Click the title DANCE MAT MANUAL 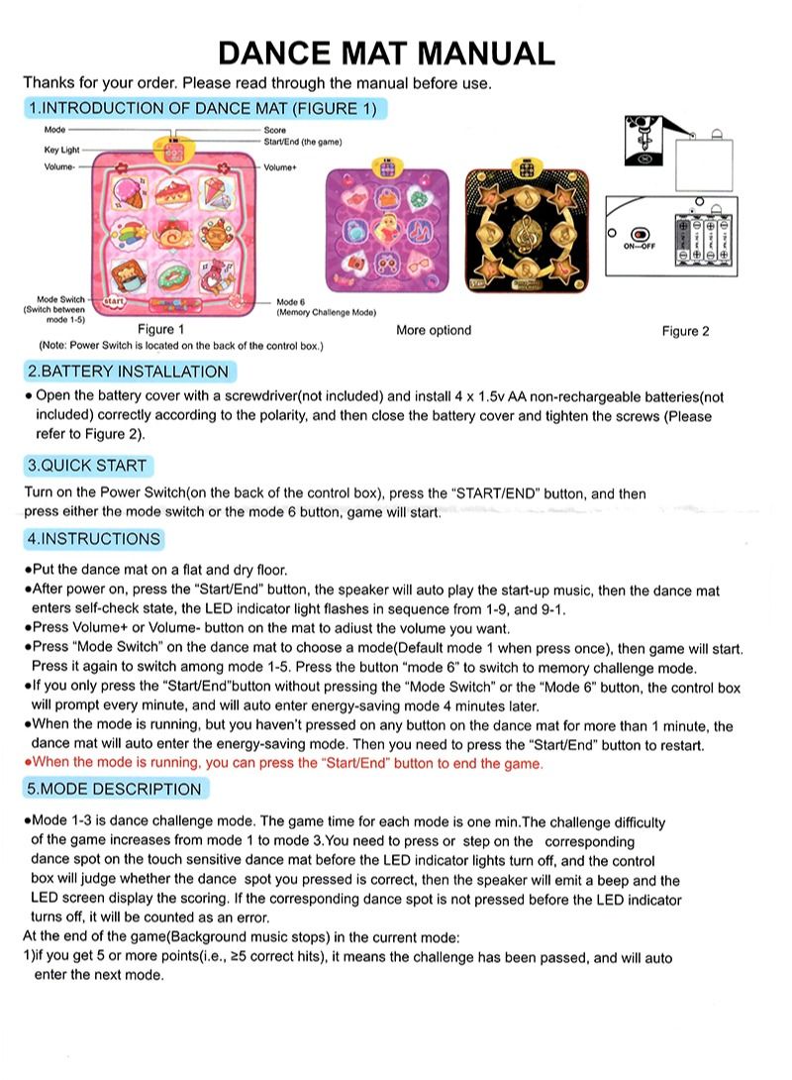point(386,52)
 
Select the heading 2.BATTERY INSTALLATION point(128,372)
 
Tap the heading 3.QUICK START point(87,465)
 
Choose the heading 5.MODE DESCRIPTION point(115,789)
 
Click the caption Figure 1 point(160,329)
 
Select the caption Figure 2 point(685,331)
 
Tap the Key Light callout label point(62,149)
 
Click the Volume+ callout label point(280,167)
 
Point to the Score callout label point(274,131)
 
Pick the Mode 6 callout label point(291,302)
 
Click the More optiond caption point(434,330)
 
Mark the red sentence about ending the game point(287,763)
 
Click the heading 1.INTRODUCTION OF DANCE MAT point(202,108)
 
